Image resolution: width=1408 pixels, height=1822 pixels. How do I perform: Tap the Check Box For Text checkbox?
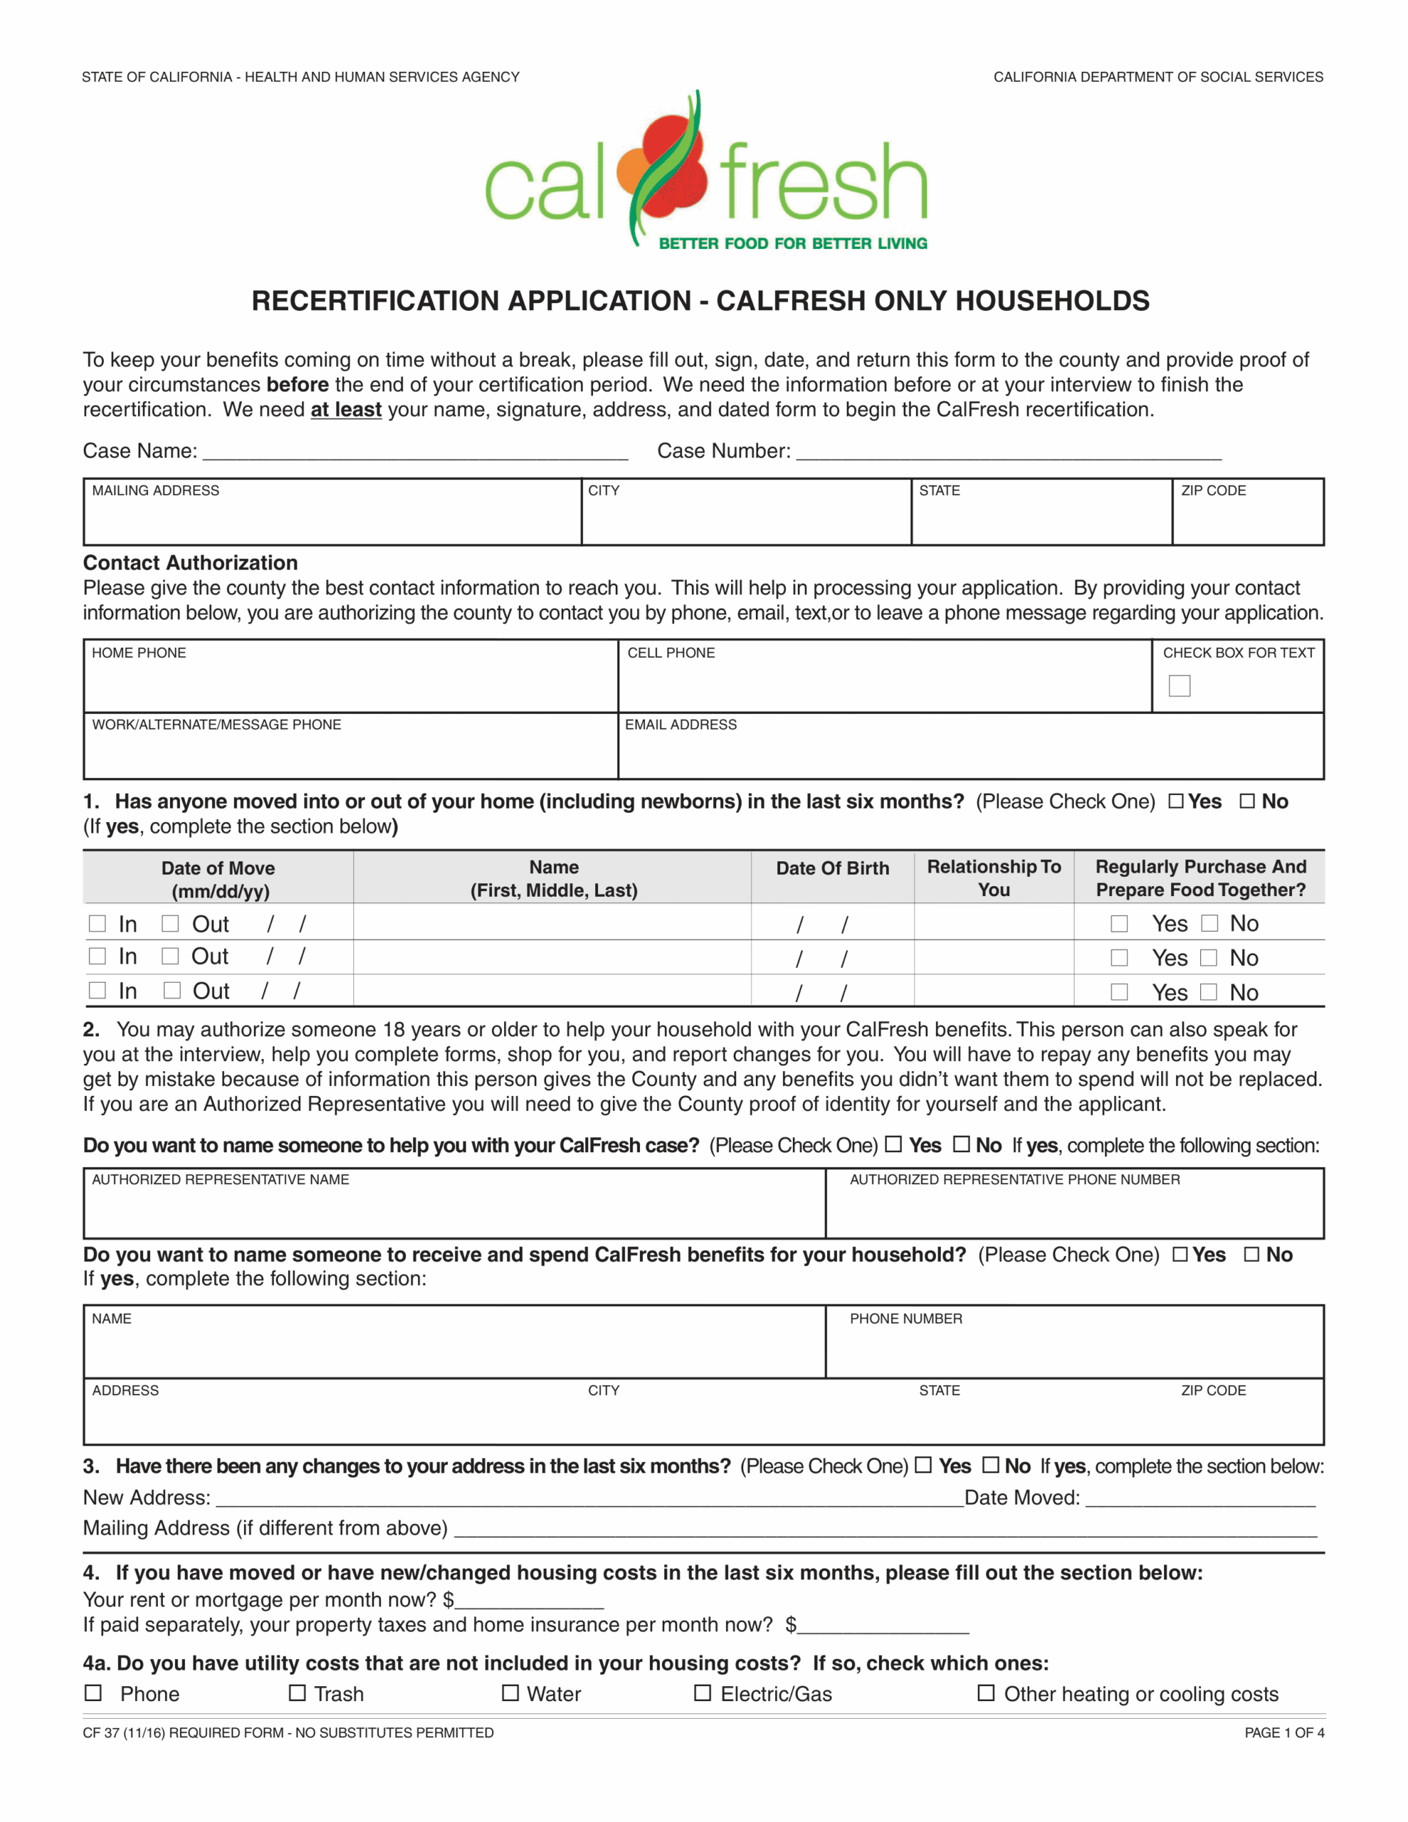pos(1179,686)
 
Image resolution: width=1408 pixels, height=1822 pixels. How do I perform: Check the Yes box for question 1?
pos(1175,801)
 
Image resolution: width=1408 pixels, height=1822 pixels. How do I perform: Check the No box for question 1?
pos(1247,801)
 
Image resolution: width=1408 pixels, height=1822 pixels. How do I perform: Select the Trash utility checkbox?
pos(297,1692)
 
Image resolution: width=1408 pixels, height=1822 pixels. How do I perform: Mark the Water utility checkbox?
pos(510,1692)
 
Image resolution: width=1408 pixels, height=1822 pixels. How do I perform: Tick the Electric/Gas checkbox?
pos(703,1692)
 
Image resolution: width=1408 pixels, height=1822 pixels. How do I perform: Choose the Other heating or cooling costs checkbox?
pos(986,1692)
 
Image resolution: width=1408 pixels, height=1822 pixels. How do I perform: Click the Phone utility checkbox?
pos(93,1692)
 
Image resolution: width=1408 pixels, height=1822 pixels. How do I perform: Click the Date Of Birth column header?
pos(832,868)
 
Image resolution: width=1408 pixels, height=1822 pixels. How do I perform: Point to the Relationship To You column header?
pos(993,878)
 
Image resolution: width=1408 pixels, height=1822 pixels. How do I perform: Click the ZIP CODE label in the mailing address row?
pos(1213,490)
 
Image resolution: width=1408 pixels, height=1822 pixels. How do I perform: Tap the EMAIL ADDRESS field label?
pos(681,724)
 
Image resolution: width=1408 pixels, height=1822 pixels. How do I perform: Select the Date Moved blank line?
pos(1199,1499)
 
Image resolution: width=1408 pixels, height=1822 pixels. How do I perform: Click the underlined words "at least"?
pos(345,410)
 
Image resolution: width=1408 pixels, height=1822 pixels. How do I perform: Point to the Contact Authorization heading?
pos(190,562)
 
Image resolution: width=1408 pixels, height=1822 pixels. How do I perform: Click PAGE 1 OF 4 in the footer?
pos(1283,1733)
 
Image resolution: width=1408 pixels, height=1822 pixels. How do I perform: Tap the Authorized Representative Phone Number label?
pos(1014,1179)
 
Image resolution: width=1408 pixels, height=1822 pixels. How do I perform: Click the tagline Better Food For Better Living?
pos(793,243)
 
